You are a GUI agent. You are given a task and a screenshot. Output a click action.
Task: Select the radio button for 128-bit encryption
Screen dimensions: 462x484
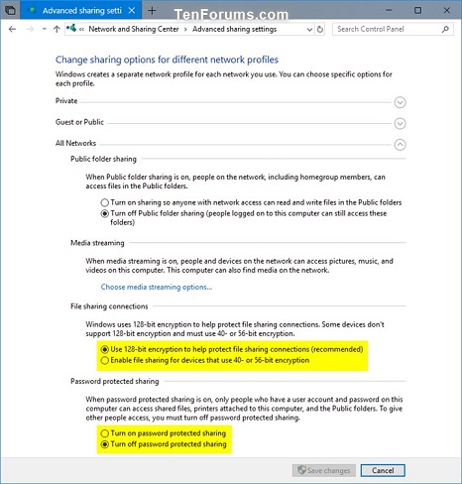tap(105, 349)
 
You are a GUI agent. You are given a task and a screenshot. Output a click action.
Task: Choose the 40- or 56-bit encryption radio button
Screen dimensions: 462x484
tap(105, 360)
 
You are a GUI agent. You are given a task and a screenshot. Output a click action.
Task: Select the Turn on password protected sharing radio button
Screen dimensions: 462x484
tap(105, 433)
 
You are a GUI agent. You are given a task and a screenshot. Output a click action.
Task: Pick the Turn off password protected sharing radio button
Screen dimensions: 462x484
tap(105, 444)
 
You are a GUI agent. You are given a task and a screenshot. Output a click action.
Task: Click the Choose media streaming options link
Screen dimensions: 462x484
tap(157, 287)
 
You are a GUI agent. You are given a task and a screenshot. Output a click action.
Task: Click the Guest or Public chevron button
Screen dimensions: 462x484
tap(400, 123)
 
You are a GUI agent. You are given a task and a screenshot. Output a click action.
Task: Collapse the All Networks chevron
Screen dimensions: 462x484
tap(400, 144)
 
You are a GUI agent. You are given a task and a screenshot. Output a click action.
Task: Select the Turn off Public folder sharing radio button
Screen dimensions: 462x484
tap(105, 213)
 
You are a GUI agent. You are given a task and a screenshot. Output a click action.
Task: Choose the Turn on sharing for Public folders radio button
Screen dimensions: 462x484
tap(105, 201)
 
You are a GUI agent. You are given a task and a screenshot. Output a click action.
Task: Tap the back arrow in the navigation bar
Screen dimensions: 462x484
tap(12, 30)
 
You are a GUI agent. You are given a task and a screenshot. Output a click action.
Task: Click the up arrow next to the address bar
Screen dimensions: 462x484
tap(57, 30)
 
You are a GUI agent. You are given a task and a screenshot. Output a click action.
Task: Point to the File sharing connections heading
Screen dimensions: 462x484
tap(110, 306)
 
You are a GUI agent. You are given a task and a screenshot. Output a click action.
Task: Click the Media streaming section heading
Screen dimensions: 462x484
tap(98, 242)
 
